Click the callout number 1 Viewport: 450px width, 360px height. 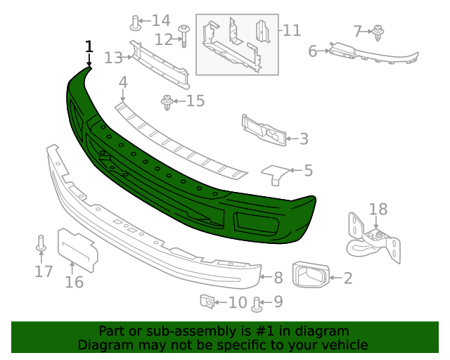[89, 47]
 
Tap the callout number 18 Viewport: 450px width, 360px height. [378, 209]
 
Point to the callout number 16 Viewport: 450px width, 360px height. [74, 282]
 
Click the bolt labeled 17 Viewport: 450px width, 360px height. [41, 244]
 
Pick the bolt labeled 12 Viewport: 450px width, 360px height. [184, 34]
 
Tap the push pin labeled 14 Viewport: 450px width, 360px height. [134, 22]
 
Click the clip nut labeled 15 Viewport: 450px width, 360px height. [168, 103]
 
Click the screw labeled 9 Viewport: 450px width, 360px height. [256, 304]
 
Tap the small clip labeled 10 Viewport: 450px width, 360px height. [207, 302]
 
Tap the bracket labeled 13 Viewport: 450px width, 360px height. [158, 66]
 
